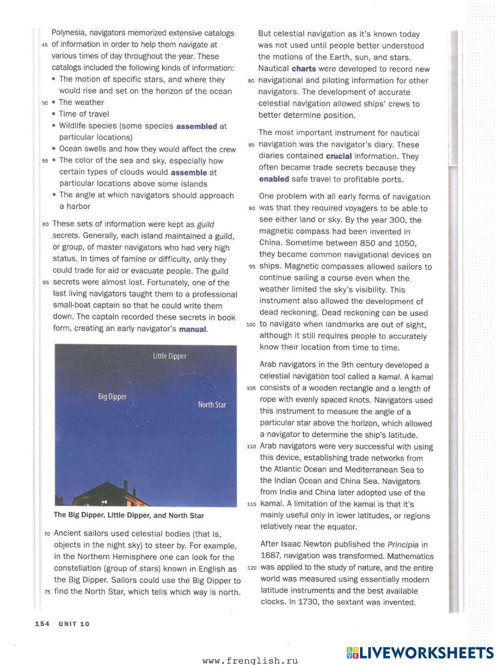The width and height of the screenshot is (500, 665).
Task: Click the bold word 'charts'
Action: (x=303, y=69)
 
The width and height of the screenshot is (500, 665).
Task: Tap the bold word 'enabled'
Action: (x=274, y=179)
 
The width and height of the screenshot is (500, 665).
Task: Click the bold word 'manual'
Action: (x=192, y=329)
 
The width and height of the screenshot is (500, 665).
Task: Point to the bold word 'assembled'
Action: (x=196, y=126)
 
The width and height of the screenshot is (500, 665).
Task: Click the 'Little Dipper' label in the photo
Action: (x=169, y=356)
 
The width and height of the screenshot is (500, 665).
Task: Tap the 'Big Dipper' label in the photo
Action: (x=112, y=396)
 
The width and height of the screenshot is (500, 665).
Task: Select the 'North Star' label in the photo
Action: (x=212, y=404)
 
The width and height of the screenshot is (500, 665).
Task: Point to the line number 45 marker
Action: (x=44, y=45)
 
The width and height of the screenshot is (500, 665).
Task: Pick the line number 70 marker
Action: (x=47, y=534)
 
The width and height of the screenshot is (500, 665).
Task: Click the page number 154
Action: (x=42, y=623)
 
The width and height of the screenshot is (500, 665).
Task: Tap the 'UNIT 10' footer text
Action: (x=74, y=623)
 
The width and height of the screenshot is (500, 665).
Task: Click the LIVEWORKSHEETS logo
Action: (x=419, y=652)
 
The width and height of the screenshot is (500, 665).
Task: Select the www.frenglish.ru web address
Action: (x=250, y=660)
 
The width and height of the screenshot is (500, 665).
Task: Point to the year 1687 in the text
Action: (x=270, y=556)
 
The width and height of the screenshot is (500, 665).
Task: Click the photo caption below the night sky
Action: (x=128, y=515)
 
